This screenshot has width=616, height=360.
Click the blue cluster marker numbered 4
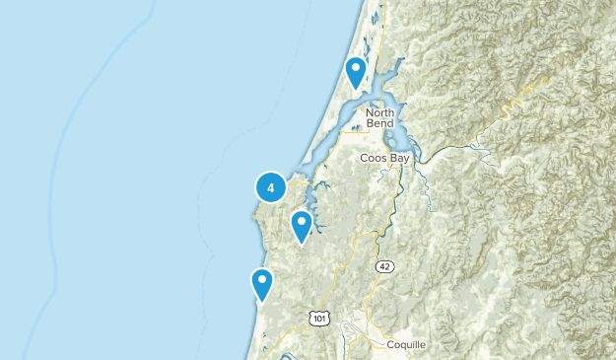point(271,186)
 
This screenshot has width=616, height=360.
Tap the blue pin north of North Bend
point(356,72)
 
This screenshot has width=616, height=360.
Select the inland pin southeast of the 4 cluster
point(301,227)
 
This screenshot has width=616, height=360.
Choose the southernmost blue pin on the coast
point(261,284)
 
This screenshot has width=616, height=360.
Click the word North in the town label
point(379,111)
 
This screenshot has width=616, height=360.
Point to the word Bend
point(379,123)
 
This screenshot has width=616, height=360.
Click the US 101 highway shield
point(317,318)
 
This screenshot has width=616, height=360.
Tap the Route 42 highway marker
point(385,266)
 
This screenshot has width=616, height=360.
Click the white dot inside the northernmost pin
point(356,68)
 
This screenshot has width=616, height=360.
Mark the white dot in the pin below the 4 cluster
point(301,223)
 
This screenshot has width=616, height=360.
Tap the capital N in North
point(370,111)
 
